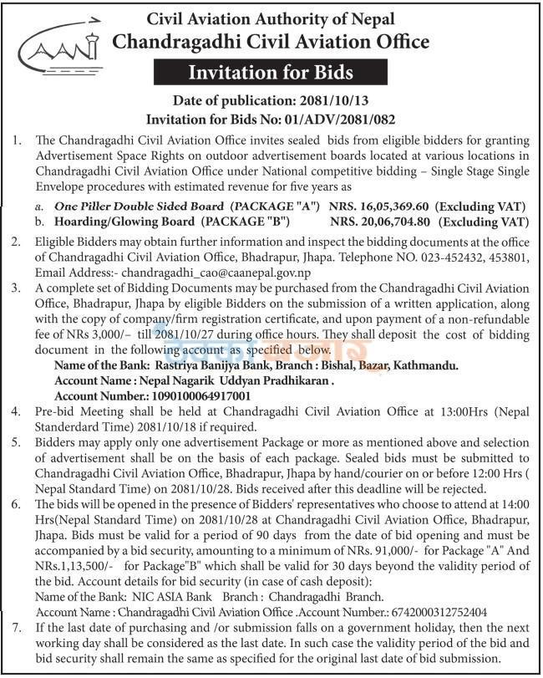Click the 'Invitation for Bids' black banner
click(x=271, y=73)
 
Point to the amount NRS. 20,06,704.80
click(x=380, y=222)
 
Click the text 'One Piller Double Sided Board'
click(x=138, y=206)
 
